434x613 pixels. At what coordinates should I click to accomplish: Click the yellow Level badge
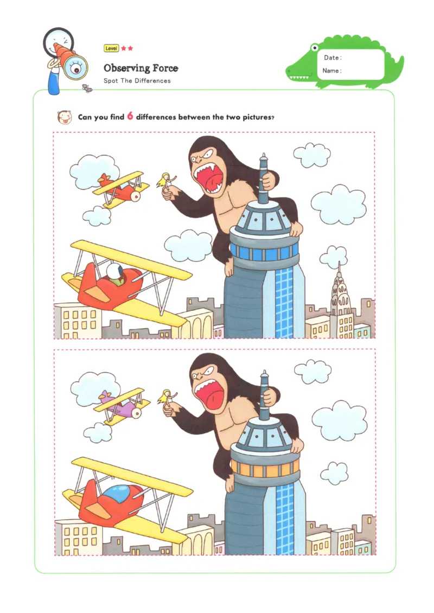111,48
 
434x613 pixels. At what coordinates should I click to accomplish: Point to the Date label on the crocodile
333,58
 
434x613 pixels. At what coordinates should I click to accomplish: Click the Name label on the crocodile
331,71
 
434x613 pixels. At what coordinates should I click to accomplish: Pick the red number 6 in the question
130,116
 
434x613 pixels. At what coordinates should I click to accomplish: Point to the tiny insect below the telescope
86,87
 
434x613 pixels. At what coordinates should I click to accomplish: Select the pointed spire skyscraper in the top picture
340,293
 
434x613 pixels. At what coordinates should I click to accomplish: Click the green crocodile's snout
296,71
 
